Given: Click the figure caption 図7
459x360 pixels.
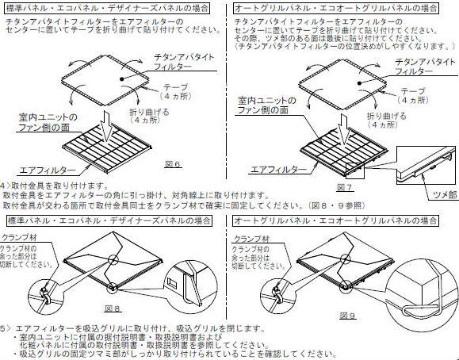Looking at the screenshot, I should pos(344,187).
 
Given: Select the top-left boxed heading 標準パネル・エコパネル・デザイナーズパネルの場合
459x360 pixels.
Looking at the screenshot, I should pos(105,7).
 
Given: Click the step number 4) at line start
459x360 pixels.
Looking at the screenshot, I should pos(6,185).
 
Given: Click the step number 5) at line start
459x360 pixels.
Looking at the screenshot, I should pos(6,327).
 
